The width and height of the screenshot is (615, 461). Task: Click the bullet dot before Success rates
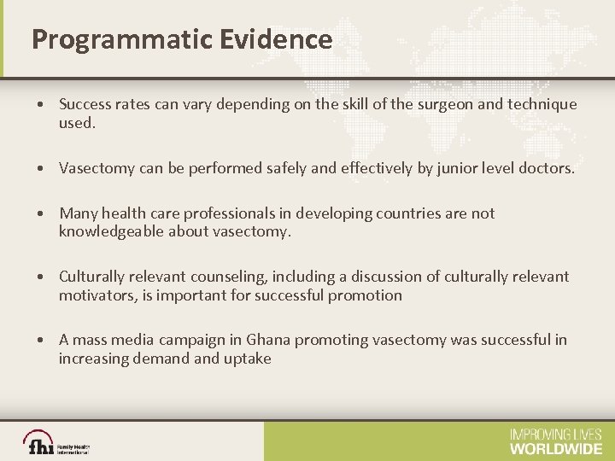(x=41, y=105)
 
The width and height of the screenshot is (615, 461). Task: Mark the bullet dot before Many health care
(x=41, y=214)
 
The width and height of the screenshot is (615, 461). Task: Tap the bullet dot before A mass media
(x=41, y=341)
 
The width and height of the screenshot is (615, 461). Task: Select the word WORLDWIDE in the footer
(x=555, y=447)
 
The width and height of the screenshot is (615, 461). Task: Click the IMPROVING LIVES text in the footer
(x=555, y=434)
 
